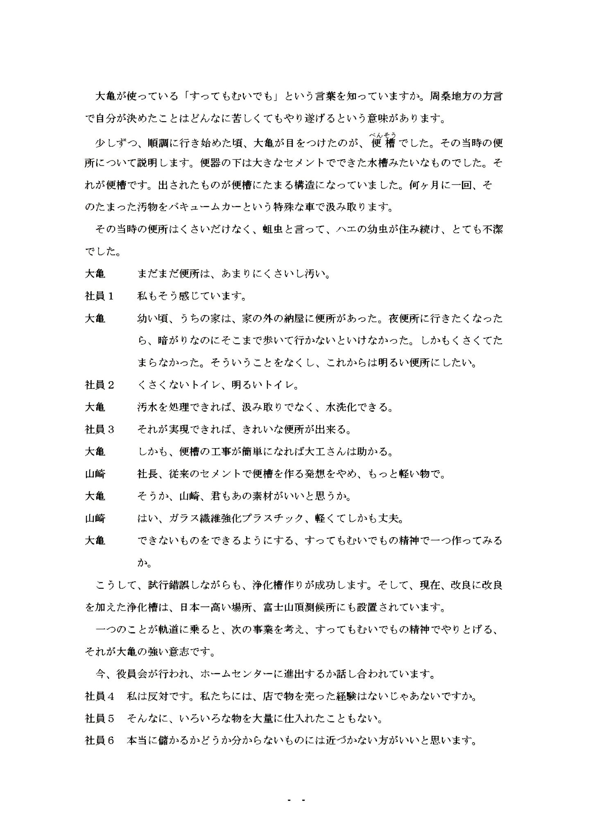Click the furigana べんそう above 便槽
(x=383, y=135)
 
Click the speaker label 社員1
(x=99, y=296)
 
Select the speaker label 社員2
(x=99, y=385)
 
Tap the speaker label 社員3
(x=99, y=429)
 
